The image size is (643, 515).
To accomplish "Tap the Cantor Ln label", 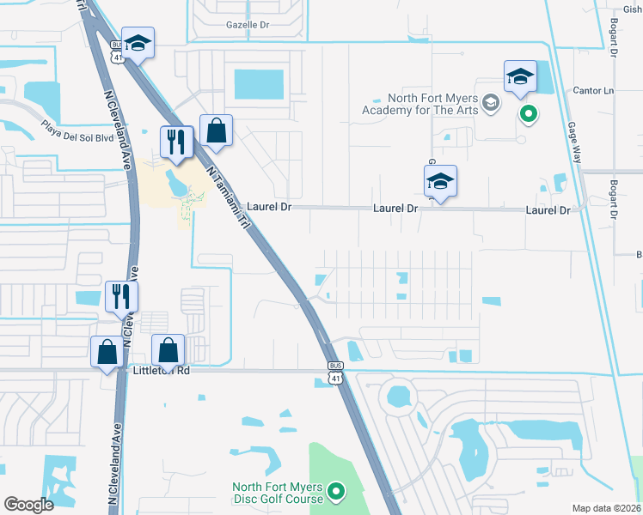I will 595,90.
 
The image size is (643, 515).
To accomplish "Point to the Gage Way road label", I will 574,136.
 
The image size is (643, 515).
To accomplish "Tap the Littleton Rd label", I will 160,371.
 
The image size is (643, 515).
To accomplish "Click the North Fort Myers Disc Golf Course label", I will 278,493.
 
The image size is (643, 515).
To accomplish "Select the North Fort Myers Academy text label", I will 420,104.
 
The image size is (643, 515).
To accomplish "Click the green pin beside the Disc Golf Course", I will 336,492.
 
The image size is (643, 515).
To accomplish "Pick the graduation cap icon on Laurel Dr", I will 440,181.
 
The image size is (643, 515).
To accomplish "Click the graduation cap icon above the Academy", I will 520,76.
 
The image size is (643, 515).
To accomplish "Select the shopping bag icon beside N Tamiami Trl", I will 217,131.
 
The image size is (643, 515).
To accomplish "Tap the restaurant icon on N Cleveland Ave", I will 122,296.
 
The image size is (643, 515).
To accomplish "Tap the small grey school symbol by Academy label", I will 490,104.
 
